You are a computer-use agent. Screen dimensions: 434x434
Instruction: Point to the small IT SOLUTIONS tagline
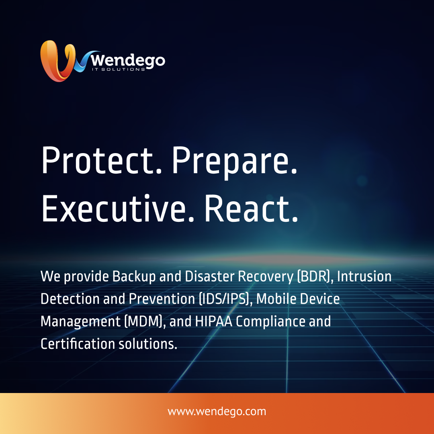118,69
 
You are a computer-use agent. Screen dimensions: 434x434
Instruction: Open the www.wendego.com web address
217,411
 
